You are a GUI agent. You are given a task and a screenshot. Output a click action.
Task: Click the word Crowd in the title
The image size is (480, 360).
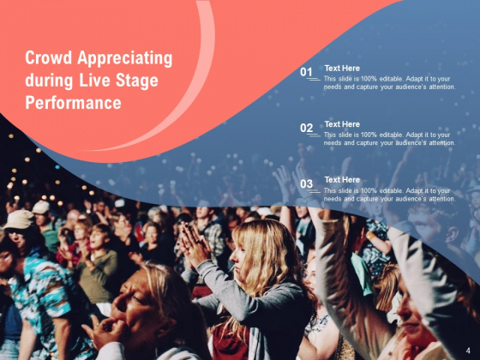point(48,58)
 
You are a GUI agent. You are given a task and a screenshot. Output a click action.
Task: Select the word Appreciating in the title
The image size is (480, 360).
point(125,59)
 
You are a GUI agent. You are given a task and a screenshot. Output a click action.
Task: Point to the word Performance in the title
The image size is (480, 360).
point(73,103)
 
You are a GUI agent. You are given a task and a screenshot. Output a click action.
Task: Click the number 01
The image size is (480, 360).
point(306,72)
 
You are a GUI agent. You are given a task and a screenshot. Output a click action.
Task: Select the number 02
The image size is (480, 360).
point(307,128)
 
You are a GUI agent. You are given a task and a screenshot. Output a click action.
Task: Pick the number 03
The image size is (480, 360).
point(307,184)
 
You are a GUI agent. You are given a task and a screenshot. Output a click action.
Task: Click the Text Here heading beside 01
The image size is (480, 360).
point(342,69)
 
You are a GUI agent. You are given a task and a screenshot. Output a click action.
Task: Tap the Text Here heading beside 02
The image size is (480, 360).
point(342,124)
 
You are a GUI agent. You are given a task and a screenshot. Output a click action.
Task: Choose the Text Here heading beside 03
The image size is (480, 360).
point(342,180)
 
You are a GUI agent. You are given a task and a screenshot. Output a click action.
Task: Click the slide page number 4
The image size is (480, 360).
point(468,351)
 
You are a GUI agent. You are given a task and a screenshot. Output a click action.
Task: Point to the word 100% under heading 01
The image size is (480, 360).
point(369,79)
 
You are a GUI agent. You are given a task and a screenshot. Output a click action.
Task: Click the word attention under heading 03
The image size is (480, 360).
point(441,199)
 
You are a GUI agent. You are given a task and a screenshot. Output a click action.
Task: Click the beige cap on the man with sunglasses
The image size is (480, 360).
point(18,219)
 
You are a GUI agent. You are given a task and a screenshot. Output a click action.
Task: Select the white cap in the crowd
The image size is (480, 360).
point(41,207)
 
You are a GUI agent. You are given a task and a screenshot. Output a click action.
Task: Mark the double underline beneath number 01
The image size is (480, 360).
point(313,80)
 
